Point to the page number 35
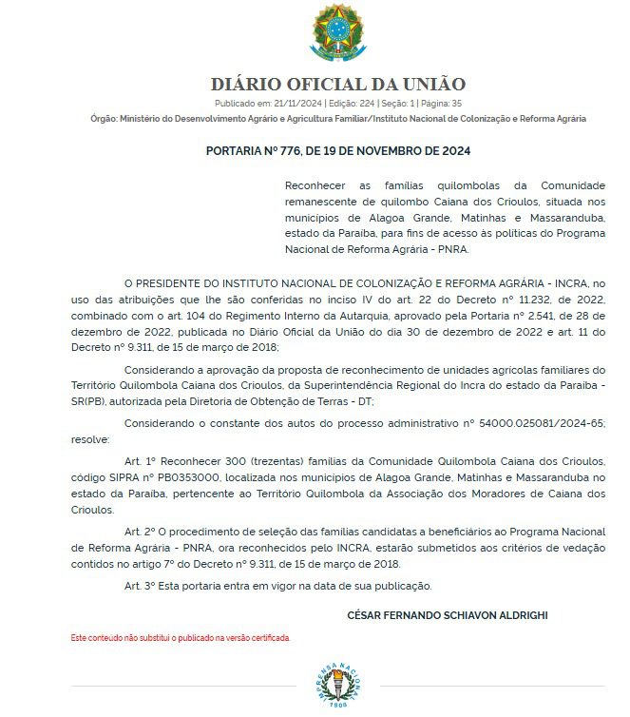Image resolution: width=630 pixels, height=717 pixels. coord(457,103)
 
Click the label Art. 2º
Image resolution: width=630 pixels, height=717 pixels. coord(139,532)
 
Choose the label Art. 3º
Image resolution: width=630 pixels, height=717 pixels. coord(139,585)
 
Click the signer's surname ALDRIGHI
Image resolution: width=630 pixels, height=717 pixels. coord(519,615)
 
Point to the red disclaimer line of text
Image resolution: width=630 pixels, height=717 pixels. coord(181,637)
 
